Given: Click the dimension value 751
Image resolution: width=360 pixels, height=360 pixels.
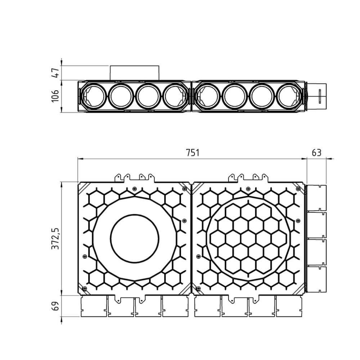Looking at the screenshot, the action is coord(192,153).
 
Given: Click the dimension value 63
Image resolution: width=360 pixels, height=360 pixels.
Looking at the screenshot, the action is coord(316,153).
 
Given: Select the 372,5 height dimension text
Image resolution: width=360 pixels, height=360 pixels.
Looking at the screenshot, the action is coord(55,239).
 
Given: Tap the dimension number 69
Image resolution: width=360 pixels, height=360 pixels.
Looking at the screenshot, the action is coord(55,306).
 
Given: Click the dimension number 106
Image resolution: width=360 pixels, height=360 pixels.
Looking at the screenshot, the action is coord(55,96).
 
